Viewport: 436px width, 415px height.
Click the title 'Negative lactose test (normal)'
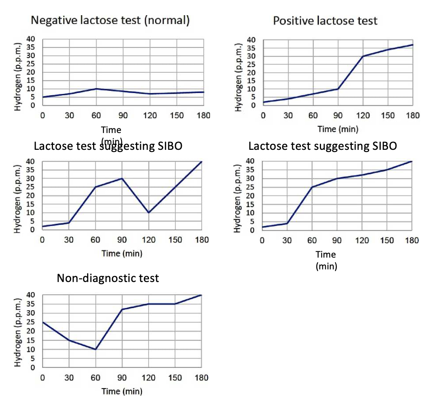pos(110,20)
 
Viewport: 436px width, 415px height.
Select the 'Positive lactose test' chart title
pos(325,21)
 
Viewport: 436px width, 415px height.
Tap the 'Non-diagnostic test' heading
pos(108,278)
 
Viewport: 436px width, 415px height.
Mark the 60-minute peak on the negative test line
pos(96,89)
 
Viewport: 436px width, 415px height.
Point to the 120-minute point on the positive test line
pos(363,56)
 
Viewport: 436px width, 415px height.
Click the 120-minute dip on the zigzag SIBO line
pos(149,213)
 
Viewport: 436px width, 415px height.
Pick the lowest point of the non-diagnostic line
pos(96,349)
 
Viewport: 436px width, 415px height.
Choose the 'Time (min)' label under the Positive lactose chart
pos(338,129)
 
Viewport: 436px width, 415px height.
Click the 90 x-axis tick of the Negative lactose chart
pos(123,115)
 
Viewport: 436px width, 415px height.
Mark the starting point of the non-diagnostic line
pos(43,322)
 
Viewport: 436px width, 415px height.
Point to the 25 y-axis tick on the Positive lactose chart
pos(251,64)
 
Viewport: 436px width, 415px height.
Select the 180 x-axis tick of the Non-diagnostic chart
pos(202,378)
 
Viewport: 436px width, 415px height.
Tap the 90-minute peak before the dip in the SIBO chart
pos(122,178)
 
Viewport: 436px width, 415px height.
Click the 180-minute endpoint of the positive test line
pos(412,45)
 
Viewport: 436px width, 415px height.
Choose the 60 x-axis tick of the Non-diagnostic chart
pos(96,378)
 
